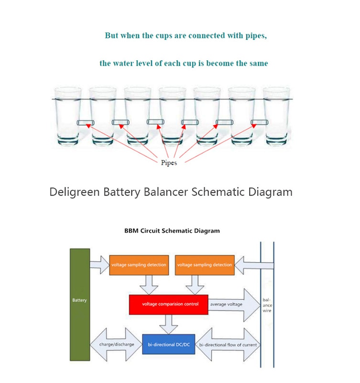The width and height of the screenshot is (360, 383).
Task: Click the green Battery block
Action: tap(80, 305)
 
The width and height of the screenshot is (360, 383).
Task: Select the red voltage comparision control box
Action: tap(168, 305)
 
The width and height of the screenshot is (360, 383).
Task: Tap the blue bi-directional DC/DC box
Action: tap(168, 344)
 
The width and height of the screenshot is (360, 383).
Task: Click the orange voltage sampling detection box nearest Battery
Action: tap(139, 265)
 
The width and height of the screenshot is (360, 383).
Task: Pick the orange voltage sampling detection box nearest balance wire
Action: tap(205, 265)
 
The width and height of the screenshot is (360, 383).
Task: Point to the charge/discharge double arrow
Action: tap(116, 344)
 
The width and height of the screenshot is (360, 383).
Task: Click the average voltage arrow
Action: tap(234, 305)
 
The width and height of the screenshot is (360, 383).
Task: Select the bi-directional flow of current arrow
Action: tap(228, 345)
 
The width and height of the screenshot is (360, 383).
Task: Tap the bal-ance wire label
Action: tap(267, 305)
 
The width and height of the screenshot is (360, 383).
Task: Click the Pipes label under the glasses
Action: tap(169, 163)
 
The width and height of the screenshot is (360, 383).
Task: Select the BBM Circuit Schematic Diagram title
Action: tap(172, 231)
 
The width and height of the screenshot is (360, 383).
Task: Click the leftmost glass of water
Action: tap(68, 116)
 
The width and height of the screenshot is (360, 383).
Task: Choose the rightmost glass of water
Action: tap(276, 116)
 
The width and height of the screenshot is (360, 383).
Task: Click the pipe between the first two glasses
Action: tap(86, 122)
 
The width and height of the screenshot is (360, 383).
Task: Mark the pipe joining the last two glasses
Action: tap(260, 122)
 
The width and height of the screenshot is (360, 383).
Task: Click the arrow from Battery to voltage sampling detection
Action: tap(99, 265)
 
